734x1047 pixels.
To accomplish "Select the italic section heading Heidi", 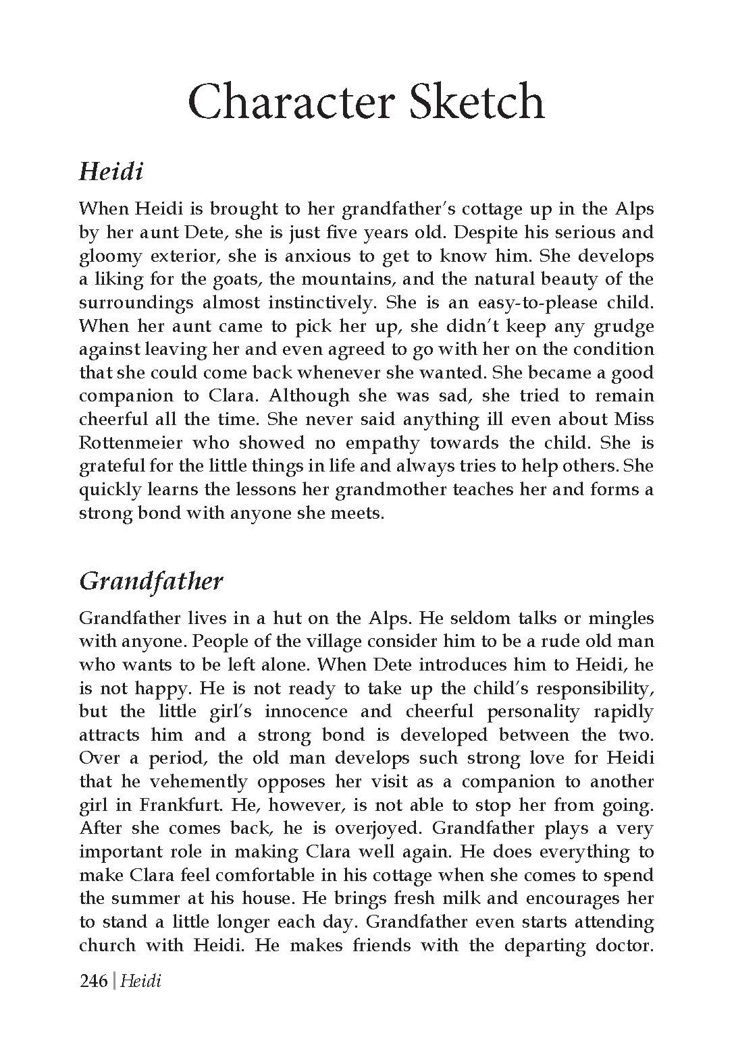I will (111, 171).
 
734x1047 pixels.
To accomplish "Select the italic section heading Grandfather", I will (151, 581).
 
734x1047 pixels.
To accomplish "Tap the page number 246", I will (93, 980).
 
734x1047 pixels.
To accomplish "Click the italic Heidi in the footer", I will (140, 980).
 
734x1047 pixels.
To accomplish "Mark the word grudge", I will (623, 327).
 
